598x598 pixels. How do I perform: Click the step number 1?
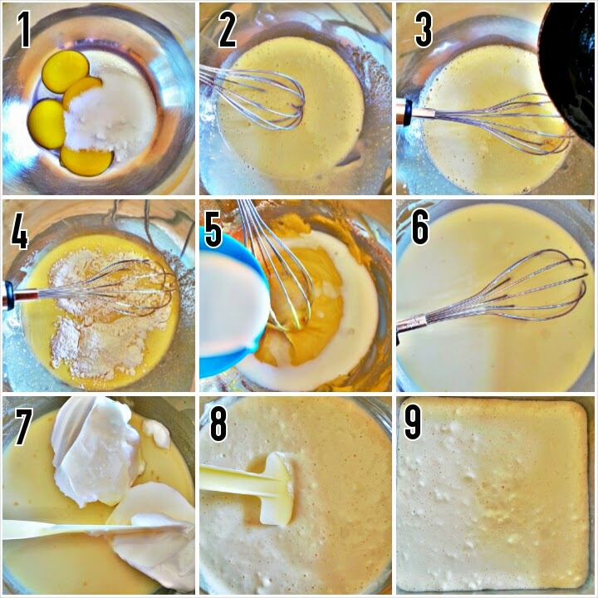[23, 30]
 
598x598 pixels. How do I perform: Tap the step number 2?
[228, 30]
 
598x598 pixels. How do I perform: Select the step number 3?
[424, 30]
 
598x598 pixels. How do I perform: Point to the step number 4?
[19, 230]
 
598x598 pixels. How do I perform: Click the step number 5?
[213, 229]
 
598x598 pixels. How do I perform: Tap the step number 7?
[23, 426]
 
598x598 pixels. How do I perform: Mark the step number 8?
[218, 423]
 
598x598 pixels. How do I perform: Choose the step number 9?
[412, 422]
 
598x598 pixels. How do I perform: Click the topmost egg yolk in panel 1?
[66, 71]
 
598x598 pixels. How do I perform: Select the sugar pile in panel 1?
[111, 110]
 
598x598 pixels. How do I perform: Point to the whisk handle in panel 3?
[416, 112]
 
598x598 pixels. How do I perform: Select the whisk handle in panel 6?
[412, 324]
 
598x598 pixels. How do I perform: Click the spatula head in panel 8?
[277, 489]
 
